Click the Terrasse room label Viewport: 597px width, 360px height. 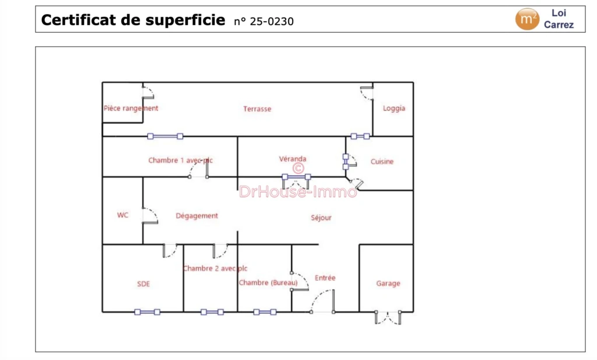(x=257, y=109)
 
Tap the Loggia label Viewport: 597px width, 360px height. (x=394, y=109)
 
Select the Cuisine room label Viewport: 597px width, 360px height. (x=382, y=162)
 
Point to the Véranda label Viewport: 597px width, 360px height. (x=293, y=159)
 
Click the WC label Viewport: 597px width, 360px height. (x=122, y=215)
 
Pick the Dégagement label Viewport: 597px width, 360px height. (x=197, y=216)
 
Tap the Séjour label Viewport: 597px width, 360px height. (x=321, y=218)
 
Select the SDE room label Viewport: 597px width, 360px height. (x=143, y=284)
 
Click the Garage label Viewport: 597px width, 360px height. (x=388, y=284)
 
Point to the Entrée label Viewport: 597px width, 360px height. (x=325, y=278)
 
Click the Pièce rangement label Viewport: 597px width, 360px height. (x=131, y=108)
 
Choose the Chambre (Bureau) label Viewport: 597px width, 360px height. (x=268, y=282)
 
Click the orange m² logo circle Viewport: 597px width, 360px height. (x=527, y=19)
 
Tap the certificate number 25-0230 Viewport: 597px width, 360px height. (x=272, y=22)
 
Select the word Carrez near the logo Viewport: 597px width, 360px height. (x=559, y=25)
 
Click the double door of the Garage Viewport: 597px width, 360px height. (x=388, y=317)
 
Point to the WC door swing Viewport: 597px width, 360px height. (x=150, y=215)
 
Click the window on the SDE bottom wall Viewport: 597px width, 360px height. (x=148, y=312)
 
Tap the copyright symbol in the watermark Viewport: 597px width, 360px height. (x=298, y=168)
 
